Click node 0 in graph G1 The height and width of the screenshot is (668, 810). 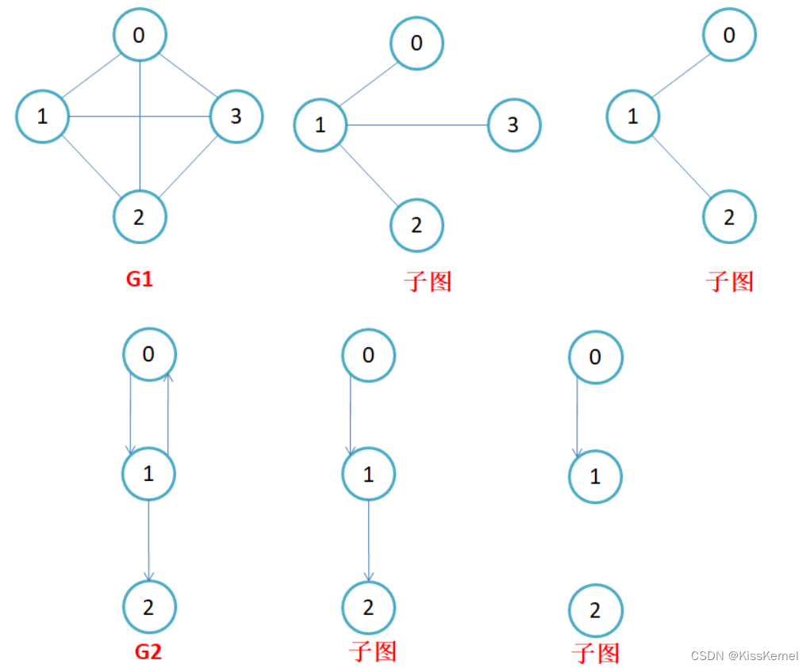pos(140,34)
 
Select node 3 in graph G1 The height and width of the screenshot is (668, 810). pos(236,116)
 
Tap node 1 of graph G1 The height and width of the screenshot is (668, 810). pos(42,116)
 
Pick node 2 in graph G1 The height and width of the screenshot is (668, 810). pos(140,216)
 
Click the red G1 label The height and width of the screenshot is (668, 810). pos(139,279)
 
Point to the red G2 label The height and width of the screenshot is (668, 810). pos(148,651)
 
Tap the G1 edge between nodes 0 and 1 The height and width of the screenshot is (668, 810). pos(90,76)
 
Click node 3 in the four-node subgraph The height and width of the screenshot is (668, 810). pos(513,124)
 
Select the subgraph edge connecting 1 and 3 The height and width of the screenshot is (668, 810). pos(417,124)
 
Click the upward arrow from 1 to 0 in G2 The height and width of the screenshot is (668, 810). pos(167,412)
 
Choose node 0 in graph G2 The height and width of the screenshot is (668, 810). pos(149,354)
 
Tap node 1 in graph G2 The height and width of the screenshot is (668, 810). pos(148,474)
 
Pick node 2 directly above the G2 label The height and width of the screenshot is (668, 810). pos(149,607)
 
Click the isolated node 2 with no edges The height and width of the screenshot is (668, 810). pos(596,610)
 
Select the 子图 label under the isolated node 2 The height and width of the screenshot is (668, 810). pos(596,653)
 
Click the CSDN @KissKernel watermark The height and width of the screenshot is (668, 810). pos(744,656)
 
